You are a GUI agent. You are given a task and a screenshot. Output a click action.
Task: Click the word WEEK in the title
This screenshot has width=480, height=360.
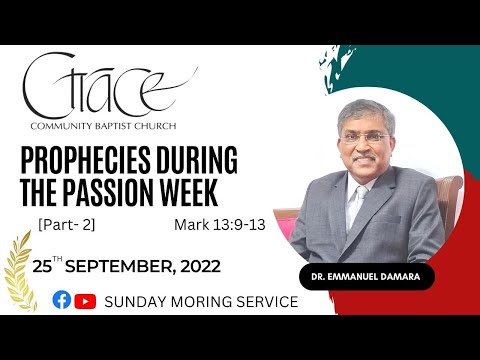(220, 189)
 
